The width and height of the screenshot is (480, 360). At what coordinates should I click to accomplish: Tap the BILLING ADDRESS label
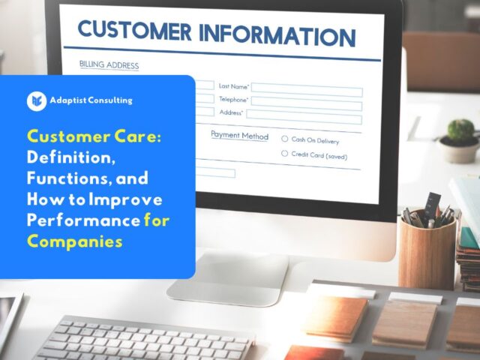pyautogui.click(x=109, y=64)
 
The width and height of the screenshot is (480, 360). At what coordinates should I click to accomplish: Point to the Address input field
pyautogui.click(x=304, y=117)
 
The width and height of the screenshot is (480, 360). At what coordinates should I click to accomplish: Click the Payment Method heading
pyautogui.click(x=239, y=136)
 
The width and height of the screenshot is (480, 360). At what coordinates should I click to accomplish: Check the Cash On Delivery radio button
pyautogui.click(x=285, y=139)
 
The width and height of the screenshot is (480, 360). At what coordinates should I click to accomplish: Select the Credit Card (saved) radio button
pyautogui.click(x=285, y=153)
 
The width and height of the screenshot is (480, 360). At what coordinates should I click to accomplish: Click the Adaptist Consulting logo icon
pyautogui.click(x=36, y=100)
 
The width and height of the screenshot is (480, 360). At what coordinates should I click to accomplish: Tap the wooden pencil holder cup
pyautogui.click(x=427, y=251)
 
